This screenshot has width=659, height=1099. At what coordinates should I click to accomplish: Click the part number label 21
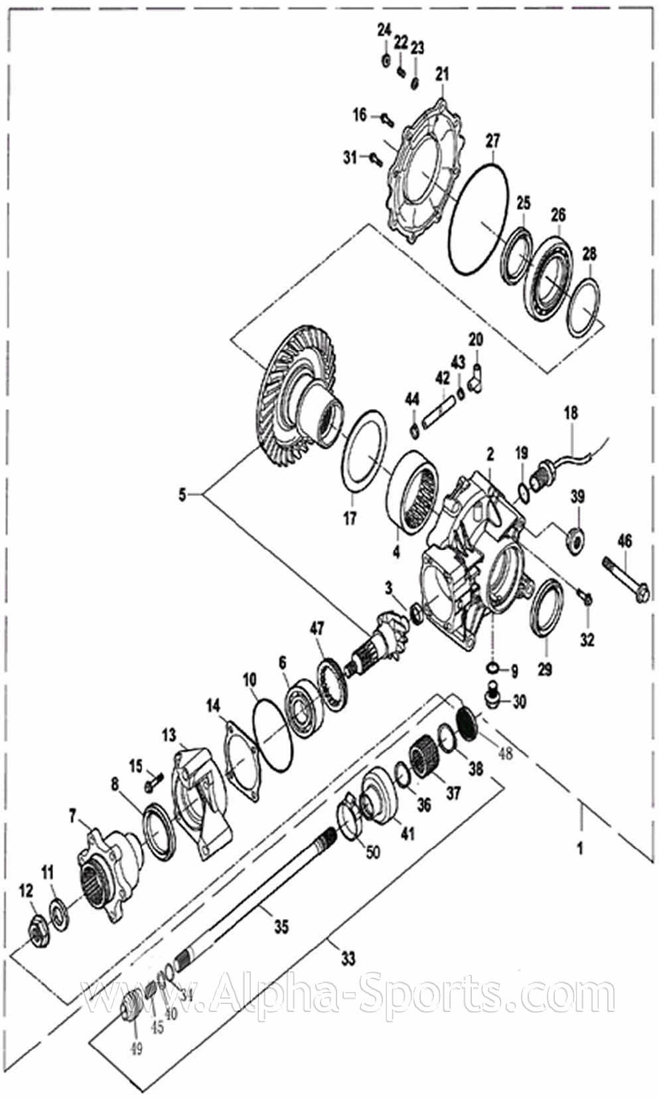442,74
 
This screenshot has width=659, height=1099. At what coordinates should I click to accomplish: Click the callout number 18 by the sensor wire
571,412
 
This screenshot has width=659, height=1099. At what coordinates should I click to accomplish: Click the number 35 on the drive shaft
281,926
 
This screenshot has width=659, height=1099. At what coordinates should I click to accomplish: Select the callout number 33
348,958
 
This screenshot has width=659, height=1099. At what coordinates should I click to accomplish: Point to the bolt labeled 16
386,120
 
